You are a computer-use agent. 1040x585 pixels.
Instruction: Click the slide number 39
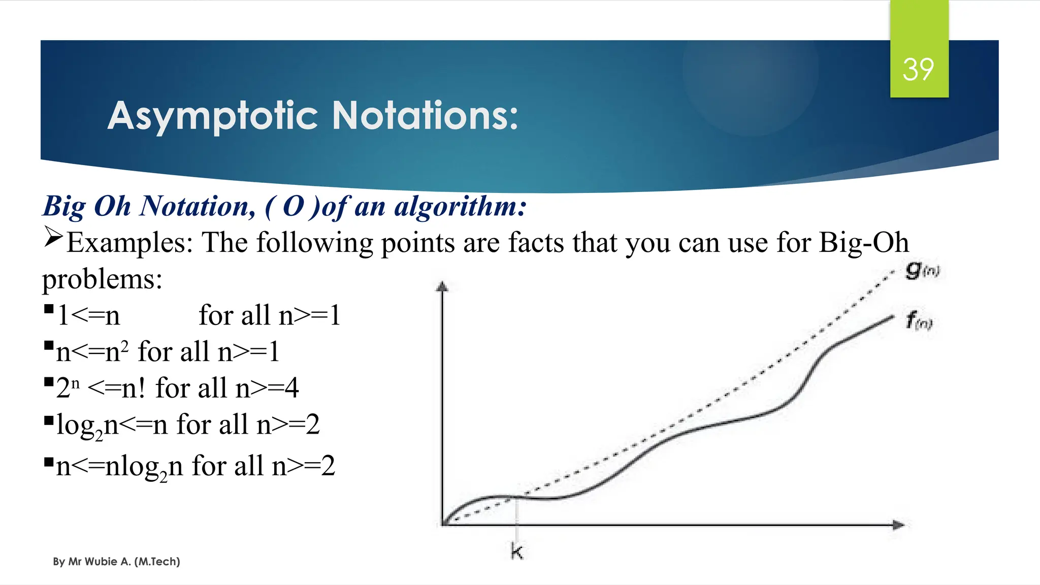(918, 70)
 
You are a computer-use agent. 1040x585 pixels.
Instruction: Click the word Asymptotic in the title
(213, 116)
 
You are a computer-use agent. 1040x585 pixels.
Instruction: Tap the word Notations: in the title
(425, 116)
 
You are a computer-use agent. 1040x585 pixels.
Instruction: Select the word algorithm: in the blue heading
(460, 207)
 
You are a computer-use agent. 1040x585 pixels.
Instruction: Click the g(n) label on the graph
(922, 270)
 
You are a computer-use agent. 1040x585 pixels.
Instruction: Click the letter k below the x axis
(516, 551)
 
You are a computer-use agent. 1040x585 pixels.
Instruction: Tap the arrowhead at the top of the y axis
(442, 286)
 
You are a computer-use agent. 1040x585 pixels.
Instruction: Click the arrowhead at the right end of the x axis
(898, 525)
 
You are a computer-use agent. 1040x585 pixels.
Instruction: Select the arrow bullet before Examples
(53, 237)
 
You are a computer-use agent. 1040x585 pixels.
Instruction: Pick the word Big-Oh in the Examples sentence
(864, 243)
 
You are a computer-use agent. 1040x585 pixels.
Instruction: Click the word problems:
(102, 279)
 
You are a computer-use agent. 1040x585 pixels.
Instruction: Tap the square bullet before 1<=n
(49, 309)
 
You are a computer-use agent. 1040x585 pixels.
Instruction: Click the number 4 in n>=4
(291, 388)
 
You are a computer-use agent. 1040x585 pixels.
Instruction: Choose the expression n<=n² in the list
(92, 351)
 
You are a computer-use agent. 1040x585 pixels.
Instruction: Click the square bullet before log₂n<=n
(49, 420)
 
